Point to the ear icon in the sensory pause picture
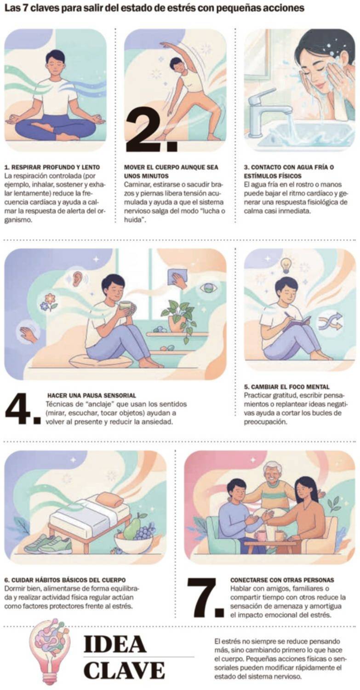point(75,277)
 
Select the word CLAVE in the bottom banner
point(124,670)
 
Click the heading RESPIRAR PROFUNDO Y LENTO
point(52,167)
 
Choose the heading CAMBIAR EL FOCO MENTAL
point(287,386)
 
